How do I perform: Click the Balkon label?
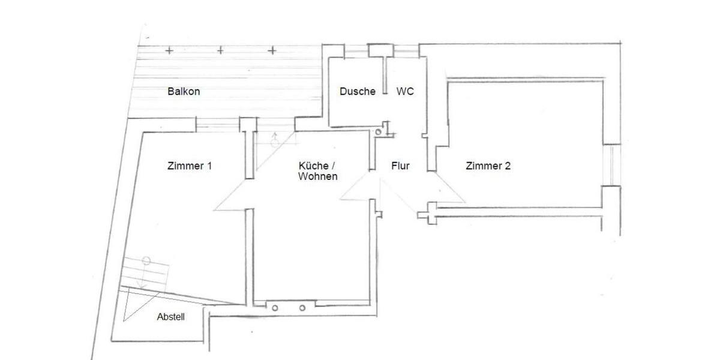184,92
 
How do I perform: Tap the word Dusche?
357,91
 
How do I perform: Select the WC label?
405,91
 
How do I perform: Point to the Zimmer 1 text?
189,166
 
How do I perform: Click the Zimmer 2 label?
488,166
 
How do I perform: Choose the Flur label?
400,166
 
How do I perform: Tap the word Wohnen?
317,176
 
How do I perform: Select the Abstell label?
170,317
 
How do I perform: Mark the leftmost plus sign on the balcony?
170,50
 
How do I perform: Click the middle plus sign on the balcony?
220,50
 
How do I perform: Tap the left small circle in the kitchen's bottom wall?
275,307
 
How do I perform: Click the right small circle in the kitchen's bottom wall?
302,307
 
